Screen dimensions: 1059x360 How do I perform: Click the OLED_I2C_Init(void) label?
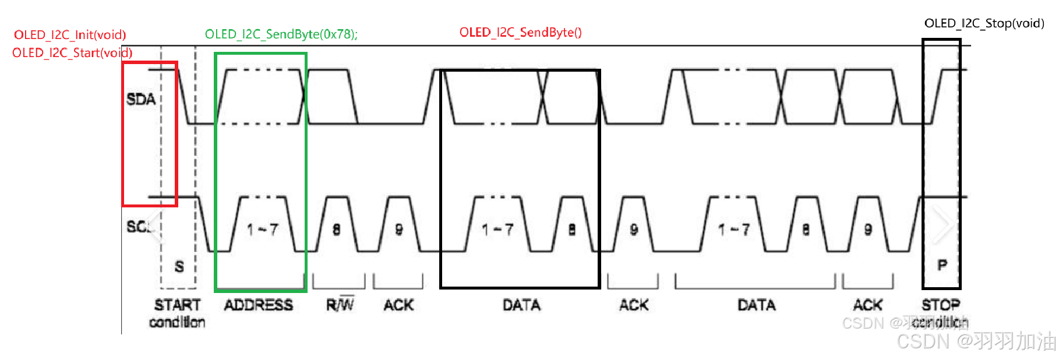pyautogui.click(x=70, y=35)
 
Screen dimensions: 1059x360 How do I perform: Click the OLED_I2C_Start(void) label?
pyautogui.click(x=72, y=53)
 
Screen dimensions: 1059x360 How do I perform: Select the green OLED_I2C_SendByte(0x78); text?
pyautogui.click(x=281, y=34)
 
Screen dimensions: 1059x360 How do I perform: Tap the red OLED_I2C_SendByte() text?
pyautogui.click(x=520, y=33)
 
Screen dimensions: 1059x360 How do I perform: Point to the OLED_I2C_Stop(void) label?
pyautogui.click(x=984, y=23)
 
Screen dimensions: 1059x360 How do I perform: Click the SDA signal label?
pyautogui.click(x=141, y=99)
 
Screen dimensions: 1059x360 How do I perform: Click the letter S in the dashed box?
pyautogui.click(x=179, y=267)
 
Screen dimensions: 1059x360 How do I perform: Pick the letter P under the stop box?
pyautogui.click(x=942, y=266)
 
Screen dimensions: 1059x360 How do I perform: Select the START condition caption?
pyautogui.click(x=177, y=313)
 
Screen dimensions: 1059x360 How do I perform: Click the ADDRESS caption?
pyautogui.click(x=259, y=305)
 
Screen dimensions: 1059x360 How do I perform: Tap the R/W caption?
pyautogui.click(x=340, y=305)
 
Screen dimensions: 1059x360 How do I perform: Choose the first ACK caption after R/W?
pyautogui.click(x=398, y=305)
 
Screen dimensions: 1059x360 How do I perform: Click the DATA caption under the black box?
pyautogui.click(x=521, y=305)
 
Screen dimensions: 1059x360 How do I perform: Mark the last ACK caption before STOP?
pyautogui.click(x=868, y=305)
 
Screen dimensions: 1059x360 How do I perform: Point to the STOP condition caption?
pyautogui.click(x=940, y=313)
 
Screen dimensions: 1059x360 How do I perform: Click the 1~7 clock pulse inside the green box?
pyautogui.click(x=262, y=230)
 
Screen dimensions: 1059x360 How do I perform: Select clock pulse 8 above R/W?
pyautogui.click(x=336, y=230)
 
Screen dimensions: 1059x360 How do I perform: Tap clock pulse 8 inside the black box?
pyautogui.click(x=572, y=230)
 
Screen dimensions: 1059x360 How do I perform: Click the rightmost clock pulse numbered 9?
pyautogui.click(x=868, y=230)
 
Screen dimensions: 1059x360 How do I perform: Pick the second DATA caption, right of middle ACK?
pyautogui.click(x=756, y=305)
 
